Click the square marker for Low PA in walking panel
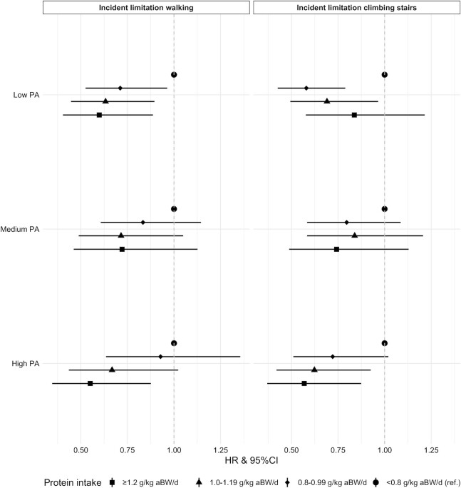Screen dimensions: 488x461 (99, 115)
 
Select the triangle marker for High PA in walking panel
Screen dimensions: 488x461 (112, 370)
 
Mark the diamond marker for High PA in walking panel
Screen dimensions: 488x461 (160, 356)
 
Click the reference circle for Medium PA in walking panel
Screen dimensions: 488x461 (174, 208)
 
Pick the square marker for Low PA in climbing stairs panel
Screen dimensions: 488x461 (354, 115)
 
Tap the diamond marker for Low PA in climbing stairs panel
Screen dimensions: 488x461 (306, 88)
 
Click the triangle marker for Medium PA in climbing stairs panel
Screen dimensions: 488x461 (354, 235)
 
